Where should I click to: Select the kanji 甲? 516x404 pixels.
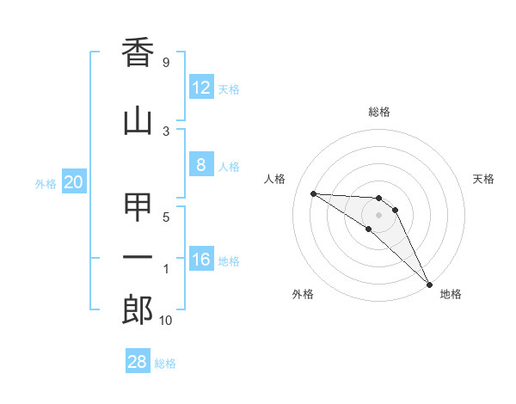click(138, 208)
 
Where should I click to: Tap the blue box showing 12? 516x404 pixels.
click(200, 88)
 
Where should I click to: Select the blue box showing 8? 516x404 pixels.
click(200, 165)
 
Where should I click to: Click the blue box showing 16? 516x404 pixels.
click(200, 260)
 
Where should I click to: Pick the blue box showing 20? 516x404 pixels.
click(74, 182)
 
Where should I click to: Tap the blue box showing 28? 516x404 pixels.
click(138, 362)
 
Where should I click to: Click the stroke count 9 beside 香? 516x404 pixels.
click(165, 63)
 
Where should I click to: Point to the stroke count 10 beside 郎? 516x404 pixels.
click(165, 321)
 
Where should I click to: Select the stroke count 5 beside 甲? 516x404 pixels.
click(165, 217)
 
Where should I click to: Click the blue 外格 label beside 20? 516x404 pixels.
click(46, 183)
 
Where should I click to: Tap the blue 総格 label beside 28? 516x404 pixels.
click(165, 364)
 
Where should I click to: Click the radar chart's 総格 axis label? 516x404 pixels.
click(378, 112)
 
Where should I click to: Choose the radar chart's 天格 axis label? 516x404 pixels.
click(483, 179)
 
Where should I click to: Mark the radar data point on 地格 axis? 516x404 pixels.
click(429, 284)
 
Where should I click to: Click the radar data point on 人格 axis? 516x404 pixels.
click(313, 193)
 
